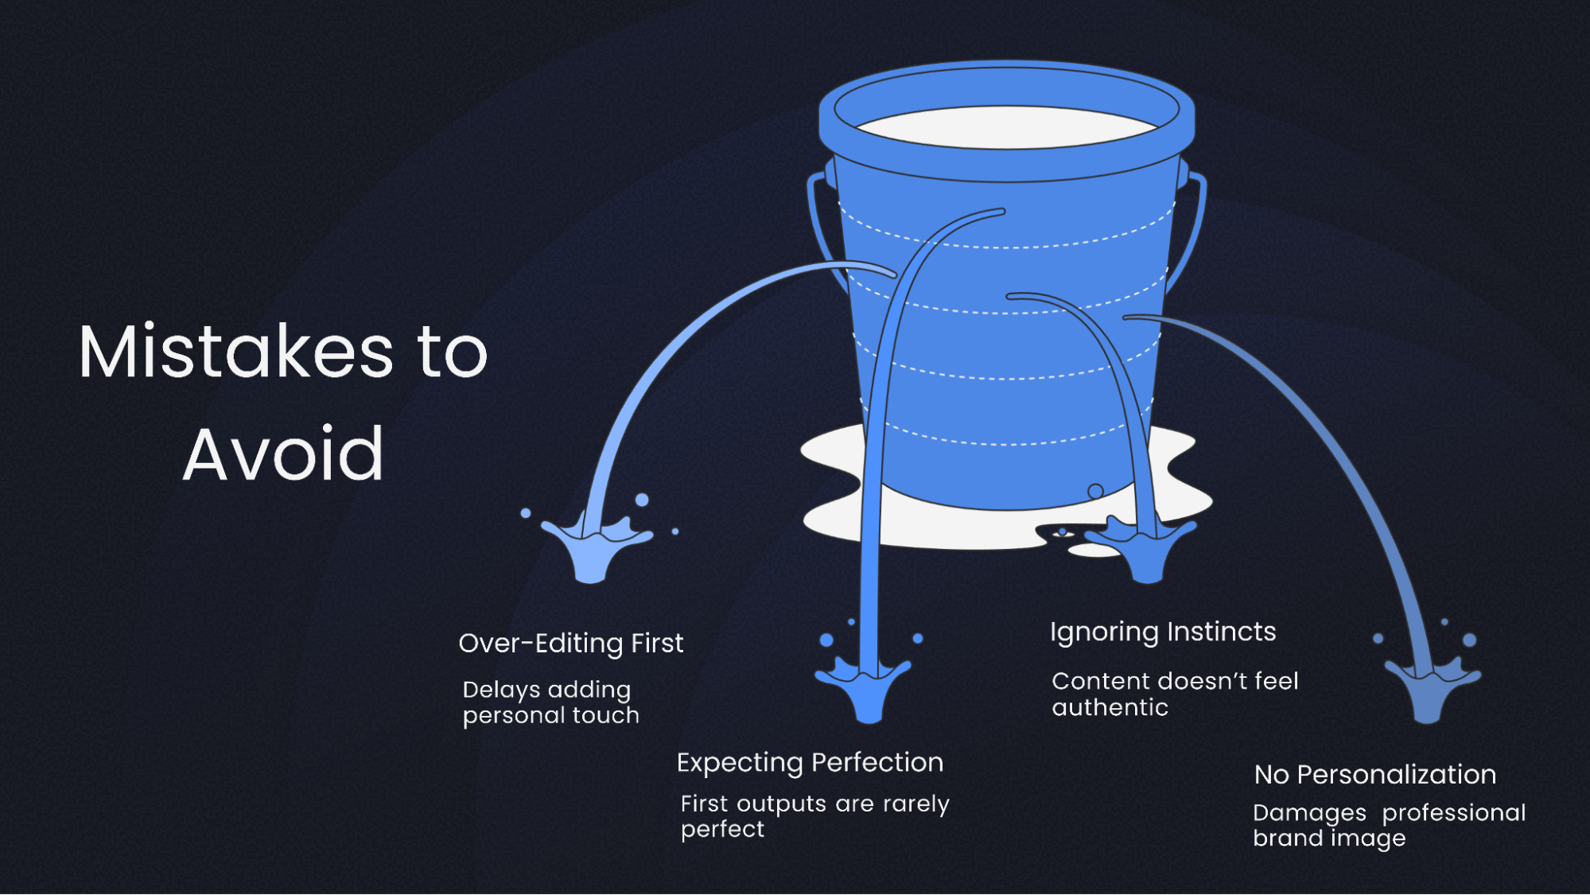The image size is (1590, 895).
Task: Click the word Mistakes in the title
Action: [235, 352]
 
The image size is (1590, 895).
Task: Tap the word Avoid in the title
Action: [283, 454]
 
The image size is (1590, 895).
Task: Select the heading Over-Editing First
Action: [570, 643]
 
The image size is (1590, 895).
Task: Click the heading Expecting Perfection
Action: [810, 762]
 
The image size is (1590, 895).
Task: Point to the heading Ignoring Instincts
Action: [1162, 632]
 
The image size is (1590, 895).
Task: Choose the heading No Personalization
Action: [1374, 774]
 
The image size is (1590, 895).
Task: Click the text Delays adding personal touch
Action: [550, 702]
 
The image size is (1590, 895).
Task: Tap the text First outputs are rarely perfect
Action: [814, 816]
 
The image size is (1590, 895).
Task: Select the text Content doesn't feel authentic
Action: [1174, 694]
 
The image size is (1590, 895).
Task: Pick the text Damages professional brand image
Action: [1388, 825]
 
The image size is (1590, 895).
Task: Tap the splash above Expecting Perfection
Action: [866, 684]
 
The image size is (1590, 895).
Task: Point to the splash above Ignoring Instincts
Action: [1144, 547]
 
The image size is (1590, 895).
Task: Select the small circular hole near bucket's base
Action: [1095, 491]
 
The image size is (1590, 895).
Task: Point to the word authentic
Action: [1110, 707]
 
